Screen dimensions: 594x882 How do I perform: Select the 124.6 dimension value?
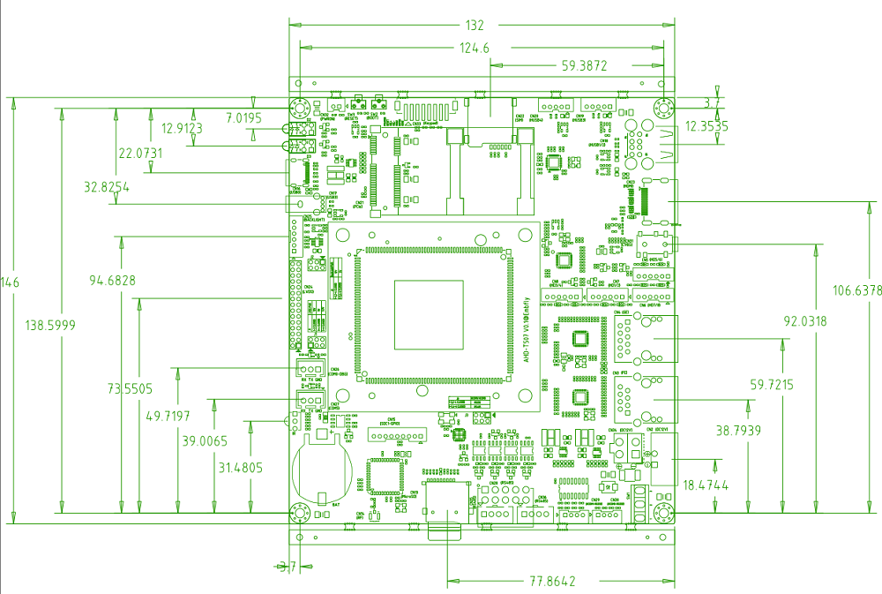point(475,48)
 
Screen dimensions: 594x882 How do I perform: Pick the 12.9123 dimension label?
point(182,129)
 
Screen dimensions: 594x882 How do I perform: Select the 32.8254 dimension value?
point(106,187)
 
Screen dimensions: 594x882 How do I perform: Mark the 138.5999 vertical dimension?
point(51,326)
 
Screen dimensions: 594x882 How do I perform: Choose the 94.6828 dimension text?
point(112,282)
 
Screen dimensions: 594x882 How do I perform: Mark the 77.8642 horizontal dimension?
point(553,582)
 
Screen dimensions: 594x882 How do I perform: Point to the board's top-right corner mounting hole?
point(665,109)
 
